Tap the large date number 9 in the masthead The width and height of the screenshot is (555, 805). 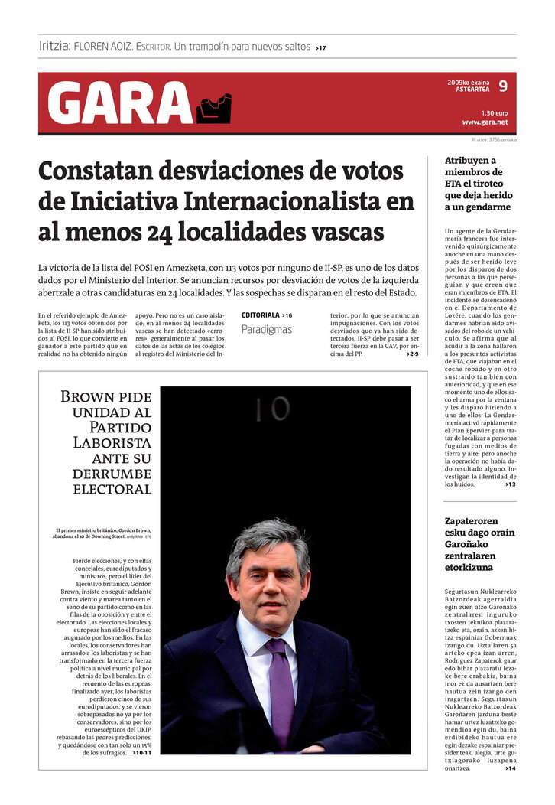tap(502, 86)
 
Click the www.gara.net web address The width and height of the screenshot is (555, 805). tap(484, 122)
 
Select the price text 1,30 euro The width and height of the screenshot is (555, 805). tap(494, 112)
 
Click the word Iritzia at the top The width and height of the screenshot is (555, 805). tap(54, 46)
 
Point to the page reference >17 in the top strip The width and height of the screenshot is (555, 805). tap(320, 47)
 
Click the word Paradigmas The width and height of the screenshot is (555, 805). tap(267, 330)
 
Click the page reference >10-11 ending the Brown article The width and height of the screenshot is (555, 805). tap(141, 753)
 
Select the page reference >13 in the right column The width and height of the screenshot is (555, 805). tap(510, 484)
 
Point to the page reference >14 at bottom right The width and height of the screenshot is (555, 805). tap(510, 768)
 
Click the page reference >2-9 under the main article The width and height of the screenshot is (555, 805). tap(412, 354)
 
